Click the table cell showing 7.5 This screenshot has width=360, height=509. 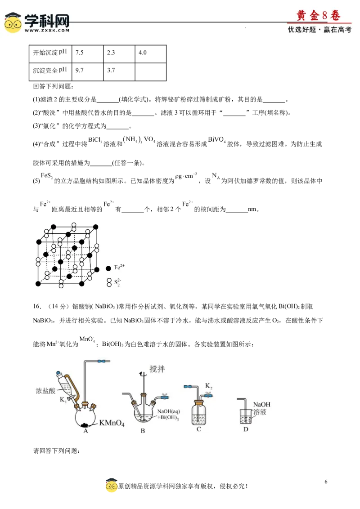pos(87,54)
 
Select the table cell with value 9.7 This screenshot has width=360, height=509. pos(87,71)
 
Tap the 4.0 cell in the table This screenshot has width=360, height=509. pos(150,54)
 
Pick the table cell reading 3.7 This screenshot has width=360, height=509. pos(119,71)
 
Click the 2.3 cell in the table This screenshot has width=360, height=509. pos(119,54)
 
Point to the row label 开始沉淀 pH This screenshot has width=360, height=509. pos(50,52)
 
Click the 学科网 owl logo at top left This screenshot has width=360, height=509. pos(13,23)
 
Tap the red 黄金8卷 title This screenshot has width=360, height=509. pos(319,15)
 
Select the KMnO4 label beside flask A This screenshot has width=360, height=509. pos(112,423)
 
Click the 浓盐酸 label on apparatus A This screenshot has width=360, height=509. pos(45,391)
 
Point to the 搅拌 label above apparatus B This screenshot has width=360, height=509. pos(157,369)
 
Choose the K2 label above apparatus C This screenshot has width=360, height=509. pos(209,386)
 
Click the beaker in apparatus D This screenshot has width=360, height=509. pos(246,416)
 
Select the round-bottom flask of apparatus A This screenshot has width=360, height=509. pos(86,417)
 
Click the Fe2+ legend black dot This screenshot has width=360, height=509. pos(108,268)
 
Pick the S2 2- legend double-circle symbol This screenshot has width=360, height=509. pos(109,282)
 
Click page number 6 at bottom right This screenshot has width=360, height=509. pos(326,482)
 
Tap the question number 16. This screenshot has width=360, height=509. pos(37,307)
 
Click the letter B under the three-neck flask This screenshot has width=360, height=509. pos(143,431)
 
